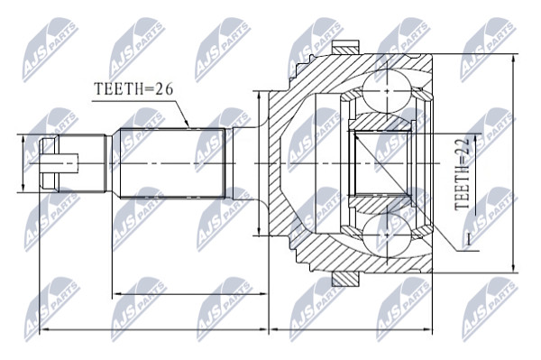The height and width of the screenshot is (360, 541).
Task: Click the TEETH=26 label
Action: click(x=133, y=89)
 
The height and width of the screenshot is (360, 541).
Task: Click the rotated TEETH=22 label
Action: click(x=462, y=174)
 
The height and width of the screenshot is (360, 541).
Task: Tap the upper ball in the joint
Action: click(x=387, y=91)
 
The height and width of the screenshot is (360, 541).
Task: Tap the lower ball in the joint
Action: click(x=387, y=235)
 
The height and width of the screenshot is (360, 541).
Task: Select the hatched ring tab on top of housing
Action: click(x=345, y=48)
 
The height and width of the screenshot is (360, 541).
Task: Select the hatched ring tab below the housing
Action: click(x=345, y=279)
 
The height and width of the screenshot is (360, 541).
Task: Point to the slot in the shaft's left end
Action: click(x=60, y=163)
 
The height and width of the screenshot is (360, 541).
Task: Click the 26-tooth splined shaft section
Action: click(x=172, y=163)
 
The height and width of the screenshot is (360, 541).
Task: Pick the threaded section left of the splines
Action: click(x=82, y=163)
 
